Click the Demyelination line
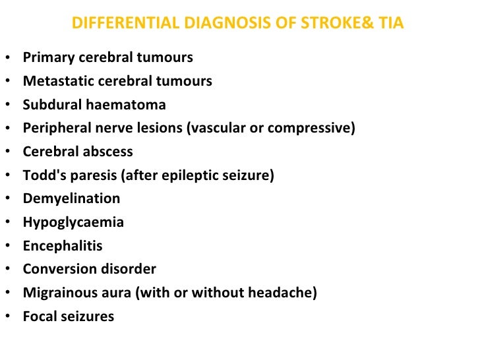point(71,198)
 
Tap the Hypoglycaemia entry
point(73,222)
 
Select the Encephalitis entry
point(63,246)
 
